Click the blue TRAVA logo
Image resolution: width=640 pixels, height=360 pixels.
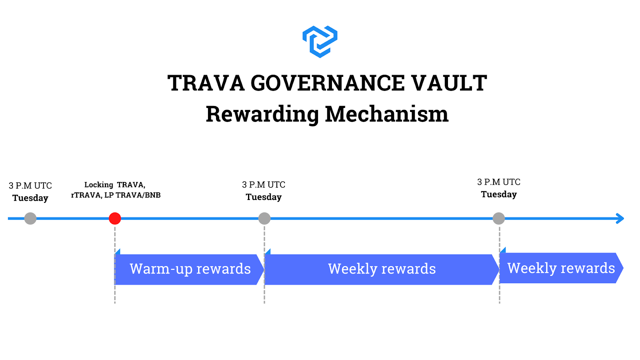pos(320,42)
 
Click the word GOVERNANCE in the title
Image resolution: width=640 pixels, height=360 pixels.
pos(328,83)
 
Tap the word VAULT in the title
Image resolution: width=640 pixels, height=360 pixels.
pos(449,83)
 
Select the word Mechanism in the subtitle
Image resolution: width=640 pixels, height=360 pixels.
pos(387,114)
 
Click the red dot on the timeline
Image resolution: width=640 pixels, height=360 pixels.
pos(115,218)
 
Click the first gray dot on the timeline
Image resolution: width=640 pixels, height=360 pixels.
pos(30,218)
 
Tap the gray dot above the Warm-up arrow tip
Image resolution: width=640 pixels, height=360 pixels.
pos(264,218)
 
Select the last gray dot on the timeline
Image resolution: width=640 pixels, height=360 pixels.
pos(499,218)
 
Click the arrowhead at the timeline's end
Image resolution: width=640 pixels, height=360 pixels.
pos(620,218)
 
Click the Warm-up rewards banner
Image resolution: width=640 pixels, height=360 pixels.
pos(189,269)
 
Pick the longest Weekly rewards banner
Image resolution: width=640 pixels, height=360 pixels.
pos(382,269)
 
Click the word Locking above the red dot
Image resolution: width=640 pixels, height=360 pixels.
pos(99,185)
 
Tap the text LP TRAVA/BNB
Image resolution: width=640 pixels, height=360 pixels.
pos(132,195)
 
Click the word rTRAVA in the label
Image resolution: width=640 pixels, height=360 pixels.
pos(86,196)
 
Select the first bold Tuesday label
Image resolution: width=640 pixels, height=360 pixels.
pos(30,198)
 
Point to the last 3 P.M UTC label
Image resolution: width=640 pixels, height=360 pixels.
pos(499,182)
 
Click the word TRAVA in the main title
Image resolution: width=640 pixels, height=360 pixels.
pos(206,83)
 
